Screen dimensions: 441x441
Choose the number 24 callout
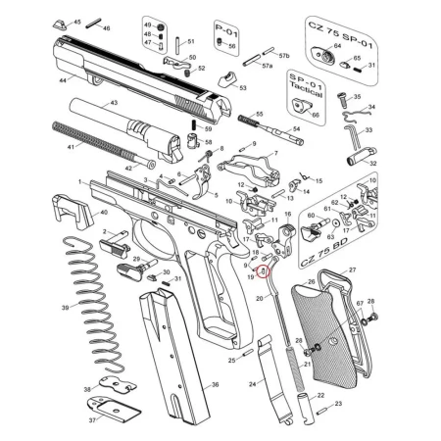pos(252,384)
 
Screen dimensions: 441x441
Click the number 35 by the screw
pos(357,97)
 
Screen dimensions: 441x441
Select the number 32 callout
pos(372,165)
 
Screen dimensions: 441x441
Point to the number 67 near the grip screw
pos(360,304)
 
